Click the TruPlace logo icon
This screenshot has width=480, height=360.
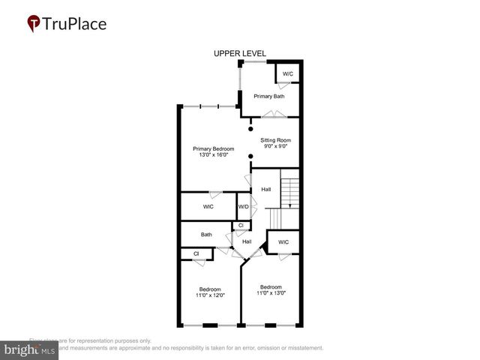point(34,23)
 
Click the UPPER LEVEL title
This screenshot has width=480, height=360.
point(240,53)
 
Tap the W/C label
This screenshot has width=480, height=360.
point(288,73)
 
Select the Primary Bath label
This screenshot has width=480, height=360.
point(268,96)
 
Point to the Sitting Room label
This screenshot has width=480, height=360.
point(275,140)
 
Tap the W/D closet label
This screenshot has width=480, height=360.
point(243,206)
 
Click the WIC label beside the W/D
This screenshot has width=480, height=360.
point(208,206)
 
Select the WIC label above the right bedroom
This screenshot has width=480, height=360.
point(283,242)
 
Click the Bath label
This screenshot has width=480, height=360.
point(206,235)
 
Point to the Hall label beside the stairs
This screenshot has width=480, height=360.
point(265,189)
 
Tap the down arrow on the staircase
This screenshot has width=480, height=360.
point(290,203)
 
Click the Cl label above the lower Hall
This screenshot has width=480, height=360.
point(241,225)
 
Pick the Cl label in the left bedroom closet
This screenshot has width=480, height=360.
point(196,253)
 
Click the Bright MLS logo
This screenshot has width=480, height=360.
point(29,349)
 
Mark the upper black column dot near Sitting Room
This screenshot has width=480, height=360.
point(250,129)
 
